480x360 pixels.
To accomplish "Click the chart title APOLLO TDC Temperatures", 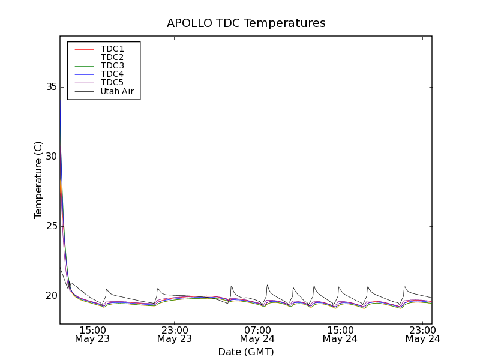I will click(x=246, y=23).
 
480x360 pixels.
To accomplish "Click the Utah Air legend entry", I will click(x=117, y=91).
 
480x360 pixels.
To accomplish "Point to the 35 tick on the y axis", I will click(x=51, y=87).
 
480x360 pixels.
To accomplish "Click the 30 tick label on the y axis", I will click(x=51, y=157).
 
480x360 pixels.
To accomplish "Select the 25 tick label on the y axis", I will click(x=51, y=226).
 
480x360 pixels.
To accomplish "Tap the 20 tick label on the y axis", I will click(x=51, y=296).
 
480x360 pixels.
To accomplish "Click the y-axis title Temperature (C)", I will click(x=38, y=180).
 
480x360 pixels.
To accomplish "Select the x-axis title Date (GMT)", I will click(x=246, y=352).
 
